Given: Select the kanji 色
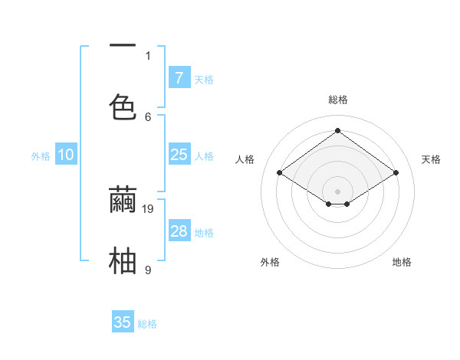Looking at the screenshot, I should coord(123,107).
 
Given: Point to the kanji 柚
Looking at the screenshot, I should coord(123,260).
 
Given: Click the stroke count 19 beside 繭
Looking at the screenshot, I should coord(149,208).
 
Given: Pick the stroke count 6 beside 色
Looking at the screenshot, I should coord(148,116).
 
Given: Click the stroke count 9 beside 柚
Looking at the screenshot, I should coord(148,270).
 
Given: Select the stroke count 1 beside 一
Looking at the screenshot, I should coord(148,55).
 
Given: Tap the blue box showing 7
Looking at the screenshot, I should coord(179,77).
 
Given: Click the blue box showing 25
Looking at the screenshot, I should coord(179,155).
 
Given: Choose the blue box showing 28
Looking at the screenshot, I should coord(179,231).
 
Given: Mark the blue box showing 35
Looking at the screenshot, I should coord(123,322).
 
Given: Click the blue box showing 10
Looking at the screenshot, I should coord(66,155).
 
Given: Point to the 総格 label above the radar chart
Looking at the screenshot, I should coord(337,100).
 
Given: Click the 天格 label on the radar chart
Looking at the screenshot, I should coord(431,159).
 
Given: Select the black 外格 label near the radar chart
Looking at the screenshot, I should coord(270,262).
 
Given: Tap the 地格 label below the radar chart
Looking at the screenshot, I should coord(402,262).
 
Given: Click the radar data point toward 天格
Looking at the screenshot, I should coord(396,173).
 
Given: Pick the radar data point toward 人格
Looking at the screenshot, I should coord(280,173).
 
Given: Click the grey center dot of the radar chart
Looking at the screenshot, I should coord(337,190).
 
